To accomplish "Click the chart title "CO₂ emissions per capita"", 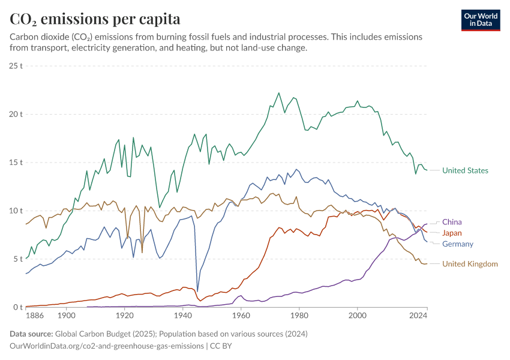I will tap(95, 19).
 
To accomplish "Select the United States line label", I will tap(465, 170).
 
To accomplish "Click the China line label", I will tap(452, 222).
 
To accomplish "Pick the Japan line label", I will tap(452, 233).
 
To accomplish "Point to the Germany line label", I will tap(457, 244).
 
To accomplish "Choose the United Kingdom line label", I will tap(470, 264).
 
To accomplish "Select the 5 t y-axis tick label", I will tap(16, 259).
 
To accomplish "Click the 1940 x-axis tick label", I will tap(182, 315).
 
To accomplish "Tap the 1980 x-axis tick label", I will tap(299, 315).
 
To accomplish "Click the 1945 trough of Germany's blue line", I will tap(197, 292).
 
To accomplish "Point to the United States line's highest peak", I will tap(279, 93).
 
